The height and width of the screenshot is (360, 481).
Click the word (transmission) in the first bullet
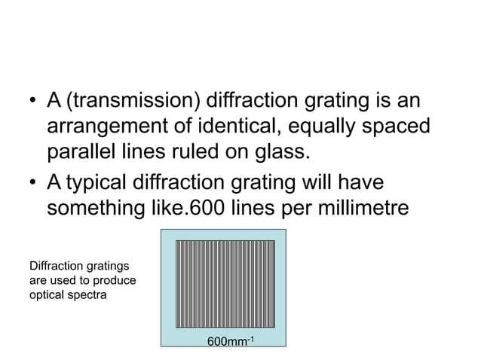130,101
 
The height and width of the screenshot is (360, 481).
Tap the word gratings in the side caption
105,266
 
